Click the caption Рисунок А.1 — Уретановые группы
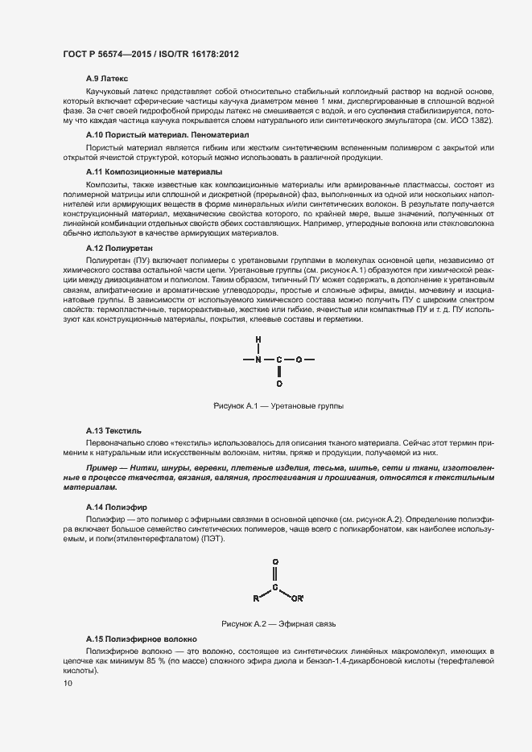pyautogui.click(x=278, y=407)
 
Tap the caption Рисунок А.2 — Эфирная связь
pyautogui.click(x=278, y=623)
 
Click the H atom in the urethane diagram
pyautogui.click(x=258, y=339)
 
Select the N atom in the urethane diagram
pyautogui.click(x=258, y=360)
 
